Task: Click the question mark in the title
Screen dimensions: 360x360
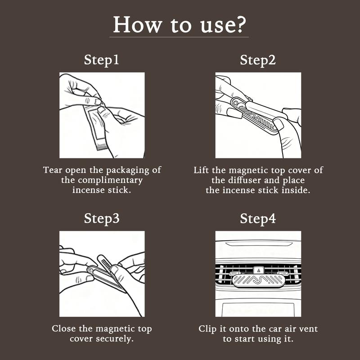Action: coord(240,25)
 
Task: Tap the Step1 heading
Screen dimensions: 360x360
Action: coord(102,60)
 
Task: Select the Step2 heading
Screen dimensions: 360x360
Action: coord(257,60)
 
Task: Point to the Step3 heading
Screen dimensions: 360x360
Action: coord(102,219)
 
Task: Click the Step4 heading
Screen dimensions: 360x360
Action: coord(257,219)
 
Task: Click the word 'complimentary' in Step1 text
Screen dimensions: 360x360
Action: coord(110,180)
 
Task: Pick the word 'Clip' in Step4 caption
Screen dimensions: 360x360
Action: coord(207,329)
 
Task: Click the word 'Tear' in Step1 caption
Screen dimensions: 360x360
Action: coord(53,170)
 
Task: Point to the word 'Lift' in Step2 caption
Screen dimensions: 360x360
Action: coord(201,170)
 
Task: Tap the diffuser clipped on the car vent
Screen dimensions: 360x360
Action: coord(258,280)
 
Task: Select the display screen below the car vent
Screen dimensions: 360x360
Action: coord(258,310)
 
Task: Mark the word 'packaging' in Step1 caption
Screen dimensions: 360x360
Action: coord(128,171)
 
